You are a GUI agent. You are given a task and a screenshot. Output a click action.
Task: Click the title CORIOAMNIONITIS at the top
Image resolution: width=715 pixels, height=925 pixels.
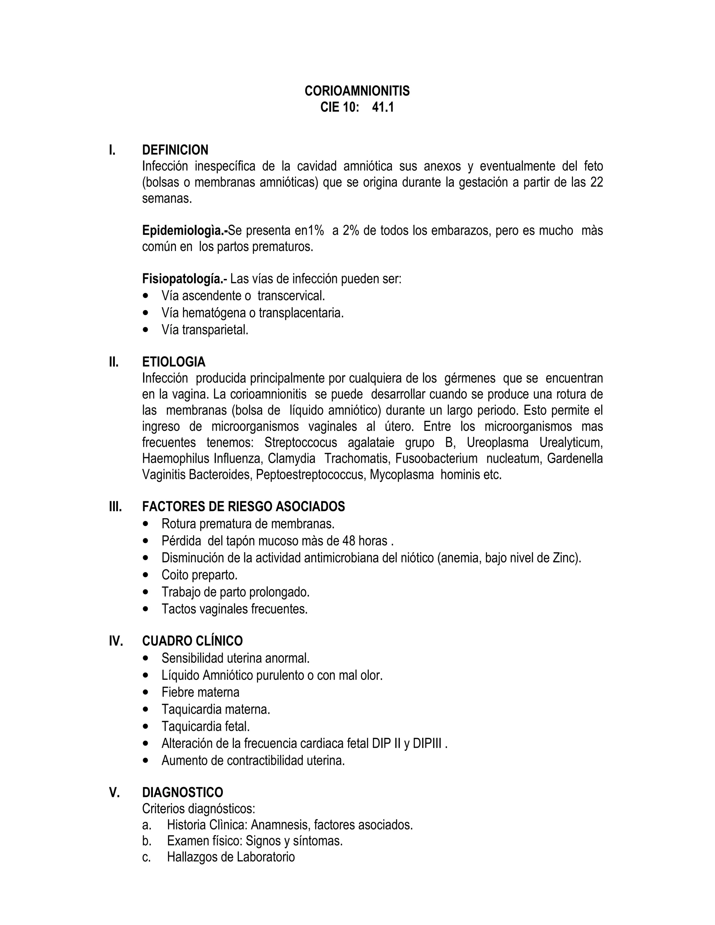357,91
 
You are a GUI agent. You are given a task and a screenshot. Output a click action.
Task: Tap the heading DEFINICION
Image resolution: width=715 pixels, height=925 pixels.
175,150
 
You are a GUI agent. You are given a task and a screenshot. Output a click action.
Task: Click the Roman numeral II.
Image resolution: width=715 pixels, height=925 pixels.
113,362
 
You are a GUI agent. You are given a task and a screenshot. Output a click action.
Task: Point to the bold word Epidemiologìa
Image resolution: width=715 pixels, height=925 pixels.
184,231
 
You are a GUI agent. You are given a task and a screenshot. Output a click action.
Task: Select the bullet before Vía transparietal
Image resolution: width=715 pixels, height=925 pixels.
147,330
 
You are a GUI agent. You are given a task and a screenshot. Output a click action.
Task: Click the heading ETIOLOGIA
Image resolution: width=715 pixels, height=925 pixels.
174,362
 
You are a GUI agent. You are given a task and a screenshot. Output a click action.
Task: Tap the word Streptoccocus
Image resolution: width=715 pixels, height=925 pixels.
300,443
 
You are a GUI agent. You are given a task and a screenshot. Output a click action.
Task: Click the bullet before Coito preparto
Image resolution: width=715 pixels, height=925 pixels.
147,575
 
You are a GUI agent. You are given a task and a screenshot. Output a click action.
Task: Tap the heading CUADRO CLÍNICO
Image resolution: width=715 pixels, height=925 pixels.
192,641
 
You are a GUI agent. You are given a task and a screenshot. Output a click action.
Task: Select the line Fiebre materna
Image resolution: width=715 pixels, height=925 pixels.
200,692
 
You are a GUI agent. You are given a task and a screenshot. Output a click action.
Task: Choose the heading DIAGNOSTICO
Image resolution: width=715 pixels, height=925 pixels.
182,792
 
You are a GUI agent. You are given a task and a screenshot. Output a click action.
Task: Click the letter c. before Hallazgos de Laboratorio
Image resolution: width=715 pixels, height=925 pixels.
147,857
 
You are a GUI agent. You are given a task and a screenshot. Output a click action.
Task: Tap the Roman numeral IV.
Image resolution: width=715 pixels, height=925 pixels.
116,641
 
